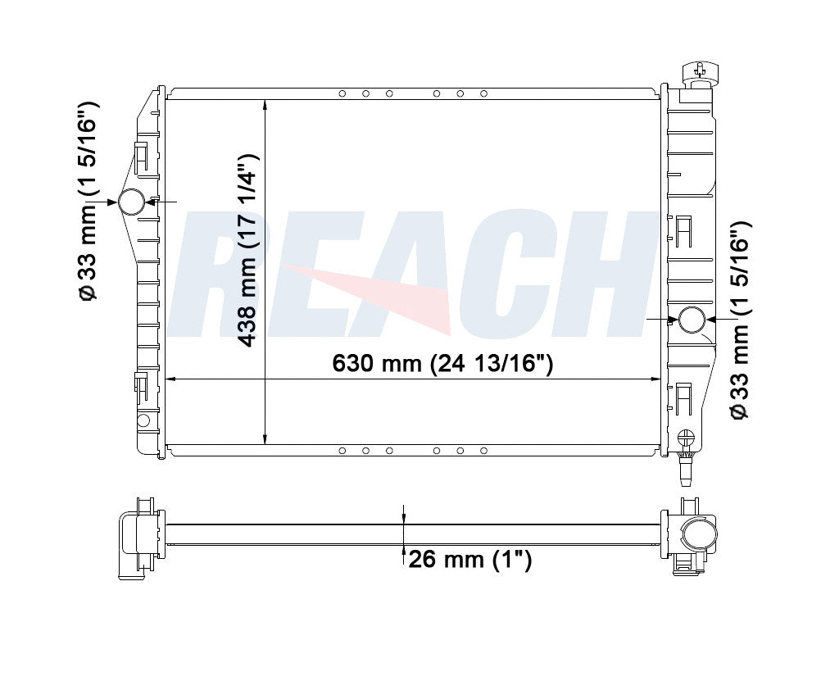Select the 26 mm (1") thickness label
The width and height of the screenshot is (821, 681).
click(469, 560)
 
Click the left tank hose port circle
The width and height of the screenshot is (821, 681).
click(131, 202)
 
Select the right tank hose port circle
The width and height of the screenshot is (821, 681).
click(692, 320)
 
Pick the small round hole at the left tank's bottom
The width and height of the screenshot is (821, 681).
click(143, 420)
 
